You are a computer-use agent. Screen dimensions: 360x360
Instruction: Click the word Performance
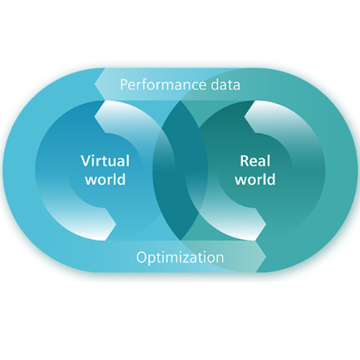163,85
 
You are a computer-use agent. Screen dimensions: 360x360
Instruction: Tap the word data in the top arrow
225,85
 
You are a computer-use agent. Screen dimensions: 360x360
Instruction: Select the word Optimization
180,258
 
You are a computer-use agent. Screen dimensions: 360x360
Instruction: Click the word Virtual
105,161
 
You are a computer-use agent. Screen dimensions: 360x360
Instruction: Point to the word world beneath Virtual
105,179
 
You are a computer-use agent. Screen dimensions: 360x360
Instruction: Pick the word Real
255,161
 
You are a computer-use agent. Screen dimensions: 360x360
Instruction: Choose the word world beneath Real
255,179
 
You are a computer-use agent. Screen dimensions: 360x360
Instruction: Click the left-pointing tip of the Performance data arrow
95,84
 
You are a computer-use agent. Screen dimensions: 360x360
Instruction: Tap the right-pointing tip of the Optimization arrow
266,256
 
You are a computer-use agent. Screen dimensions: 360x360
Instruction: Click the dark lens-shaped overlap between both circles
180,171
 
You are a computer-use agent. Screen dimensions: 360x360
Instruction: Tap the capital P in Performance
124,85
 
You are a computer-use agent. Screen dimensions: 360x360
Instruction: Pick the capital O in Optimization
141,257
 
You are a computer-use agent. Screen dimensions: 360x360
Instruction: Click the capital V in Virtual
86,161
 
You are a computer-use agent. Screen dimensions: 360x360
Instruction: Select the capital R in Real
245,161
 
